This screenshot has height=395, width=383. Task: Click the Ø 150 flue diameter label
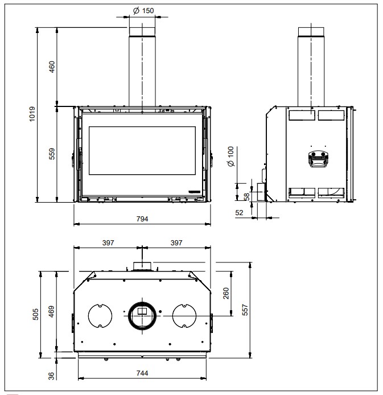coord(143,11)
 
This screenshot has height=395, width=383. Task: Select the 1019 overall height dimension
coord(32,114)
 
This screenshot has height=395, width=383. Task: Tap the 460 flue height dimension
coord(52,67)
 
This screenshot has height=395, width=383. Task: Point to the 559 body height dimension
coord(52,154)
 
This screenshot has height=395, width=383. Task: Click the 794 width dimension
coord(142,219)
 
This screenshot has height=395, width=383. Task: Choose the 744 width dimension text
coord(142,373)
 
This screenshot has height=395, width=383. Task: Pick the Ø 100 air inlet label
coord(230,156)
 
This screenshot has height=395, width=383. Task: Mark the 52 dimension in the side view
coord(239,213)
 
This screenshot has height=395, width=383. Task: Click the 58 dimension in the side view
coord(247,196)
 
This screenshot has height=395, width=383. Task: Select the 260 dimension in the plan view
coord(226,293)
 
